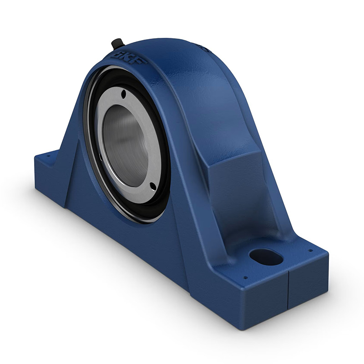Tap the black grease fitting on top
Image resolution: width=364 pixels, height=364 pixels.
click(x=117, y=44)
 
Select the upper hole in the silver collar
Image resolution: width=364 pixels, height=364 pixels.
click(x=123, y=94)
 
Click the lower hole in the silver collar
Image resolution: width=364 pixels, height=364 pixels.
click(x=152, y=186)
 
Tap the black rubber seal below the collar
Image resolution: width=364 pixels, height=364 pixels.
click(x=136, y=214)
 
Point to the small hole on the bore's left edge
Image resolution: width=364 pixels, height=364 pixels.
click(x=101, y=157)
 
